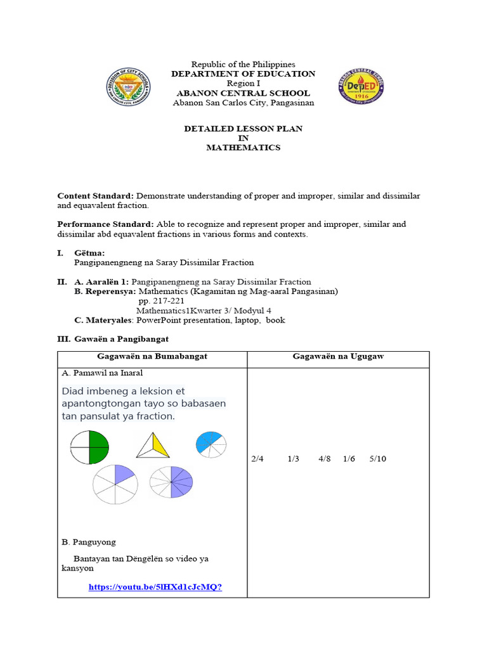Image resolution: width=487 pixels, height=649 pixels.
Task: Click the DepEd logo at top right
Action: pos(361,87)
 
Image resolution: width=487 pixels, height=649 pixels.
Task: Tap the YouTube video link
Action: pos(155,587)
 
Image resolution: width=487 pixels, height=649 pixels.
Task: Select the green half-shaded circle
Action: pos(89,447)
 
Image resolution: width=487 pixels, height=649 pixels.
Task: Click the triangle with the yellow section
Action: pos(153,446)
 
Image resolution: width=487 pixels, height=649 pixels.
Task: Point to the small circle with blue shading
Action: pos(211,444)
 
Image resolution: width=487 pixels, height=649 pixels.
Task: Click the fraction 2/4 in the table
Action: pos(257,459)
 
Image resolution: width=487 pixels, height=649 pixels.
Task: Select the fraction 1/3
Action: pos(293,459)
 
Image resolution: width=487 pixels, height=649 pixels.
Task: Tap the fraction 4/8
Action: pos(325,459)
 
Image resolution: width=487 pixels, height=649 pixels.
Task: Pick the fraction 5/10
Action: pos(377,459)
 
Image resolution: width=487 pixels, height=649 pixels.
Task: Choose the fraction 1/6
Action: pos(349,459)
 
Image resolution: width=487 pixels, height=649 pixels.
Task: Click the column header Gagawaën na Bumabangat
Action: pos(152,357)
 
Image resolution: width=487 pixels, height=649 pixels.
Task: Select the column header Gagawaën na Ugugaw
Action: pos(338,357)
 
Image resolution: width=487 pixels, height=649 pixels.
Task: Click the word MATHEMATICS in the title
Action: pos(243,148)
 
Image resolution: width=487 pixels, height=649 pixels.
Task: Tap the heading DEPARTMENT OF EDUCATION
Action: pos(243,74)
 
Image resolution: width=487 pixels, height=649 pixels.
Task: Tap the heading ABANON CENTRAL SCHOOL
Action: pos(243,93)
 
